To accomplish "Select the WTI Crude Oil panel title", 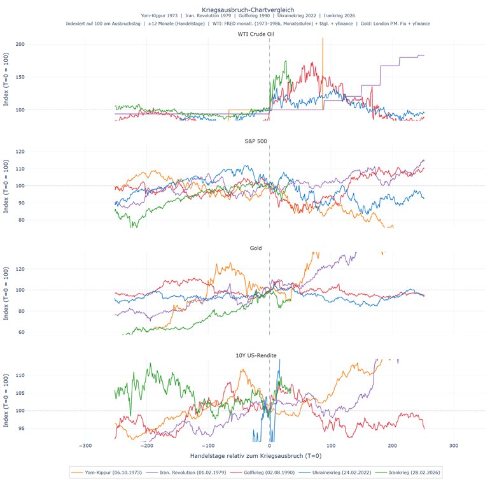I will pyautogui.click(x=270, y=34).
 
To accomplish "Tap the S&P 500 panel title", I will pyautogui.click(x=270, y=141).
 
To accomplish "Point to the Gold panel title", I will pyautogui.click(x=270, y=247).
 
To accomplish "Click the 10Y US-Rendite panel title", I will pyautogui.click(x=270, y=354).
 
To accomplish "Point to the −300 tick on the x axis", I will pyautogui.click(x=85, y=445).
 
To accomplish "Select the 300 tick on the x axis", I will pyautogui.click(x=454, y=445).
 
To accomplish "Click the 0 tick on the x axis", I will pyautogui.click(x=269, y=445).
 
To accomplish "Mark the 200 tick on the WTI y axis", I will pyautogui.click(x=38, y=44).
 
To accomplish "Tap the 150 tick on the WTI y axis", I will pyautogui.click(x=38, y=77).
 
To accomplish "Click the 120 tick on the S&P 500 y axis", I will pyautogui.click(x=38, y=152).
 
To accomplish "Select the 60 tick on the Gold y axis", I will pyautogui.click(x=39, y=332).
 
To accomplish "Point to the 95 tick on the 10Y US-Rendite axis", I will pyautogui.click(x=39, y=429).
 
